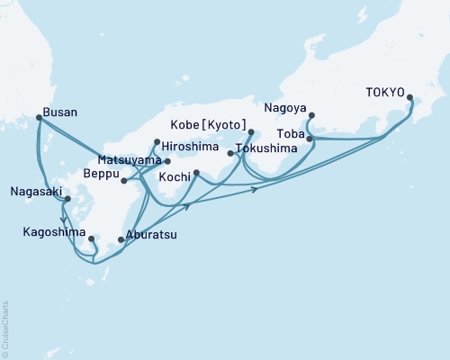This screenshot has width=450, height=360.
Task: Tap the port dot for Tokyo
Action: [x=410, y=98]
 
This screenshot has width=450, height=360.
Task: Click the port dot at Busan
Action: [x=38, y=117]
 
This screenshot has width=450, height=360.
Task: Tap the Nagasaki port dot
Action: [x=67, y=199]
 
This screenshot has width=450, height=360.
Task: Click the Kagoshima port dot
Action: [x=92, y=238]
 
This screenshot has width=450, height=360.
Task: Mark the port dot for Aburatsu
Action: [x=121, y=239]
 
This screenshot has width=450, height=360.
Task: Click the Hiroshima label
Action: [x=190, y=143]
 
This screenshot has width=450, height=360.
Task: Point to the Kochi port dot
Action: [x=196, y=172]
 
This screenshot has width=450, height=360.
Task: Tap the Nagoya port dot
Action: [x=310, y=115]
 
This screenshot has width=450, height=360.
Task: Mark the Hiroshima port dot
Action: [x=157, y=141]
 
